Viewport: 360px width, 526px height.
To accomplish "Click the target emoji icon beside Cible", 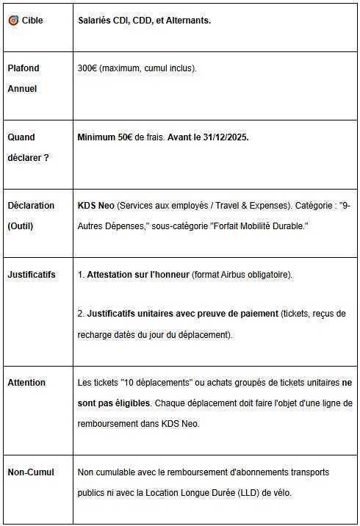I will (x=12, y=21).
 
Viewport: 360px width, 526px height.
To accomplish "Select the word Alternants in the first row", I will (x=185, y=21).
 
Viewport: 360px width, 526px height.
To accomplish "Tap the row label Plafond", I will (x=24, y=68).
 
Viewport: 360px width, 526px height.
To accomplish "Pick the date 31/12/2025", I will (x=223, y=137).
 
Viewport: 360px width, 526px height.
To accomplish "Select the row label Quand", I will (x=21, y=137).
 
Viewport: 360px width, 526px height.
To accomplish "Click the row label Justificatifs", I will (x=32, y=274).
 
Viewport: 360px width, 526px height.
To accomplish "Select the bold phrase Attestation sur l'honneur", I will (x=138, y=274).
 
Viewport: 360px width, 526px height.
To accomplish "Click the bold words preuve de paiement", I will (x=237, y=314).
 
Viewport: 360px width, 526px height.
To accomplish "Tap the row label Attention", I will (x=26, y=382).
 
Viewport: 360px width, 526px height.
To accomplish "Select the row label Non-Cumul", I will (x=30, y=472).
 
